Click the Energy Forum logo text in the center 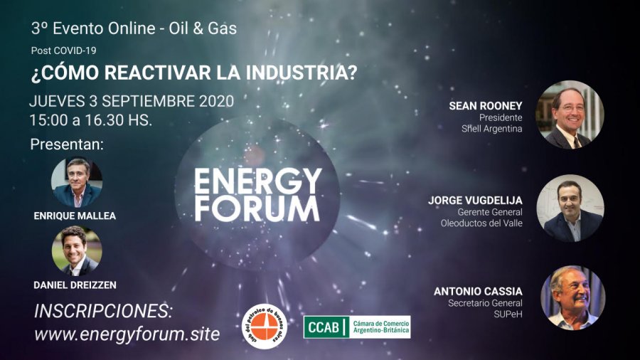pyautogui.click(x=258, y=195)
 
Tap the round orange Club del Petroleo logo pyautogui.click(x=265, y=326)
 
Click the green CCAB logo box pyautogui.click(x=357, y=327)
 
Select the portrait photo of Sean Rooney pyautogui.click(x=570, y=115)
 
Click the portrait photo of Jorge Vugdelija pyautogui.click(x=570, y=208)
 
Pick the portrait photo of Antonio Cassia pyautogui.click(x=573, y=298)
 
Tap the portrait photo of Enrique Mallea pyautogui.click(x=77, y=182)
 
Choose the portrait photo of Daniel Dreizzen pyautogui.click(x=77, y=250)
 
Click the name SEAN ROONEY pyautogui.click(x=486, y=106)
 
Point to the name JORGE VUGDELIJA pyautogui.click(x=475, y=201)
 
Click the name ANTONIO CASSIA pyautogui.click(x=478, y=292)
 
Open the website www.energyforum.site pyautogui.click(x=127, y=334)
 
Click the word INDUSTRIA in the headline pyautogui.click(x=302, y=73)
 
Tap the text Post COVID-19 pyautogui.click(x=64, y=51)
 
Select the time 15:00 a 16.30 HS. pyautogui.click(x=90, y=120)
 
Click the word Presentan pyautogui.click(x=67, y=144)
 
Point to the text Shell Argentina pyautogui.click(x=492, y=129)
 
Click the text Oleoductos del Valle pyautogui.click(x=481, y=223)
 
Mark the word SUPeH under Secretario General pyautogui.click(x=508, y=314)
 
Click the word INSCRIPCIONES pyautogui.click(x=103, y=311)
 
